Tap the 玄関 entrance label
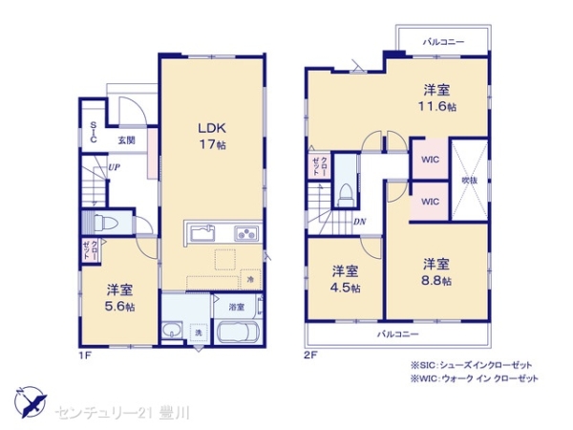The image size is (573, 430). (x=126, y=140)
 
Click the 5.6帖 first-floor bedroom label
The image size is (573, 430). (x=119, y=297)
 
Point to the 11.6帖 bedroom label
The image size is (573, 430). (x=438, y=98)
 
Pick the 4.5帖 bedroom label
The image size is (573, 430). (x=345, y=278)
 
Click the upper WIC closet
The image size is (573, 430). (x=429, y=160)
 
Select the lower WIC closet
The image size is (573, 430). (x=429, y=202)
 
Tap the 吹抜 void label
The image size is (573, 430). (x=469, y=180)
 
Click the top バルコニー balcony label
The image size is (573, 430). (x=443, y=42)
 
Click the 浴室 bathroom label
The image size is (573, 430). (x=235, y=308)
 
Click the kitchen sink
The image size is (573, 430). (x=203, y=233)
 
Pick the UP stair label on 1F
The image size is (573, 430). (x=114, y=167)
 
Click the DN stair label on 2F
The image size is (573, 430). (x=359, y=223)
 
